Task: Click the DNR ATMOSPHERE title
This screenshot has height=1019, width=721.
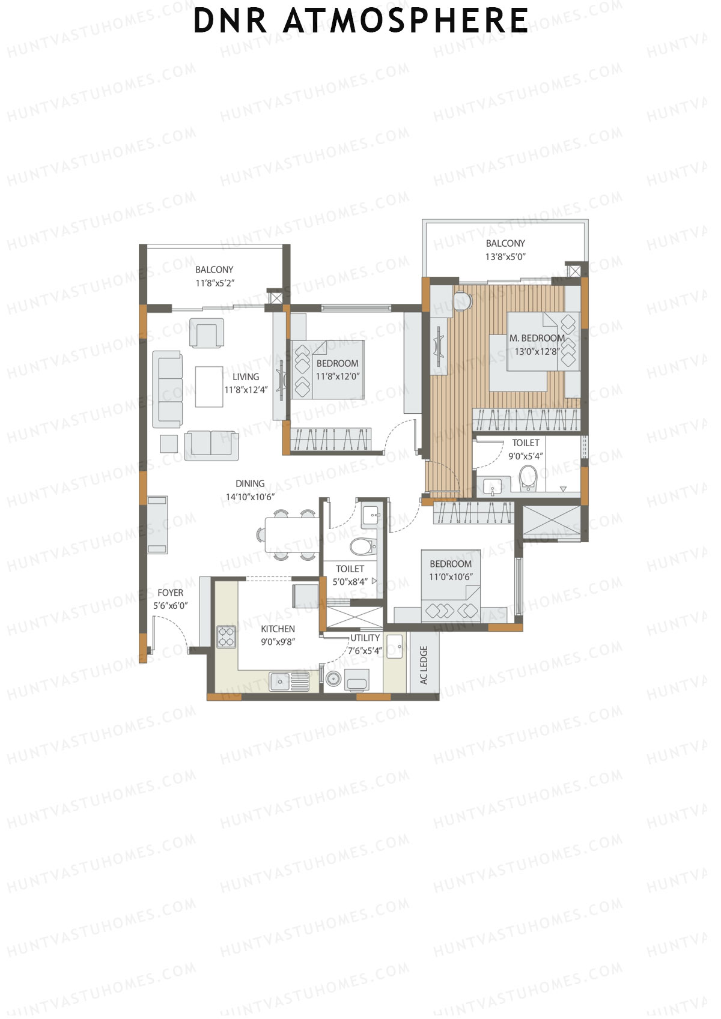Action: pyautogui.click(x=360, y=20)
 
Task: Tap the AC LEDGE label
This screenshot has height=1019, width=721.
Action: pyautogui.click(x=424, y=665)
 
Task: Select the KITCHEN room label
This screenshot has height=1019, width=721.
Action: pyautogui.click(x=278, y=629)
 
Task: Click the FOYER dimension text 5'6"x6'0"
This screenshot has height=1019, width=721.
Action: pyautogui.click(x=170, y=606)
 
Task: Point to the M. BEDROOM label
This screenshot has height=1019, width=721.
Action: pyautogui.click(x=537, y=338)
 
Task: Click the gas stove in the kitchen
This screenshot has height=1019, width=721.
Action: pyautogui.click(x=227, y=636)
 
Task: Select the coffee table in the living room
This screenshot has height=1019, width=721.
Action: pyautogui.click(x=208, y=387)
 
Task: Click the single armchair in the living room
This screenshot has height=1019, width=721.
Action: pyautogui.click(x=207, y=333)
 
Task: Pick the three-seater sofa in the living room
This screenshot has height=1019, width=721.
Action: pyautogui.click(x=167, y=389)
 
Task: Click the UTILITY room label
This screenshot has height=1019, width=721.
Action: pyautogui.click(x=365, y=638)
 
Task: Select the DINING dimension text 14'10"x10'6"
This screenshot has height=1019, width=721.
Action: pyautogui.click(x=250, y=497)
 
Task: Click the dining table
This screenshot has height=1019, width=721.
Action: pyautogui.click(x=291, y=534)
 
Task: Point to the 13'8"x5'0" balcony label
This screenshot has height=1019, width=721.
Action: pyautogui.click(x=505, y=256)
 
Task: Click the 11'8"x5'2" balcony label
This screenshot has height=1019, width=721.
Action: pyautogui.click(x=214, y=283)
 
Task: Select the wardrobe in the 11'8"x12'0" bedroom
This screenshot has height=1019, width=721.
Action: pyautogui.click(x=330, y=439)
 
